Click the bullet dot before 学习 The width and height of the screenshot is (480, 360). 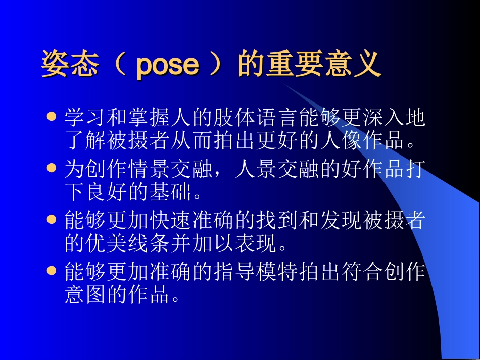pos(51,117)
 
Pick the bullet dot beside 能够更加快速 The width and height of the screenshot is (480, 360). pos(51,219)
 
